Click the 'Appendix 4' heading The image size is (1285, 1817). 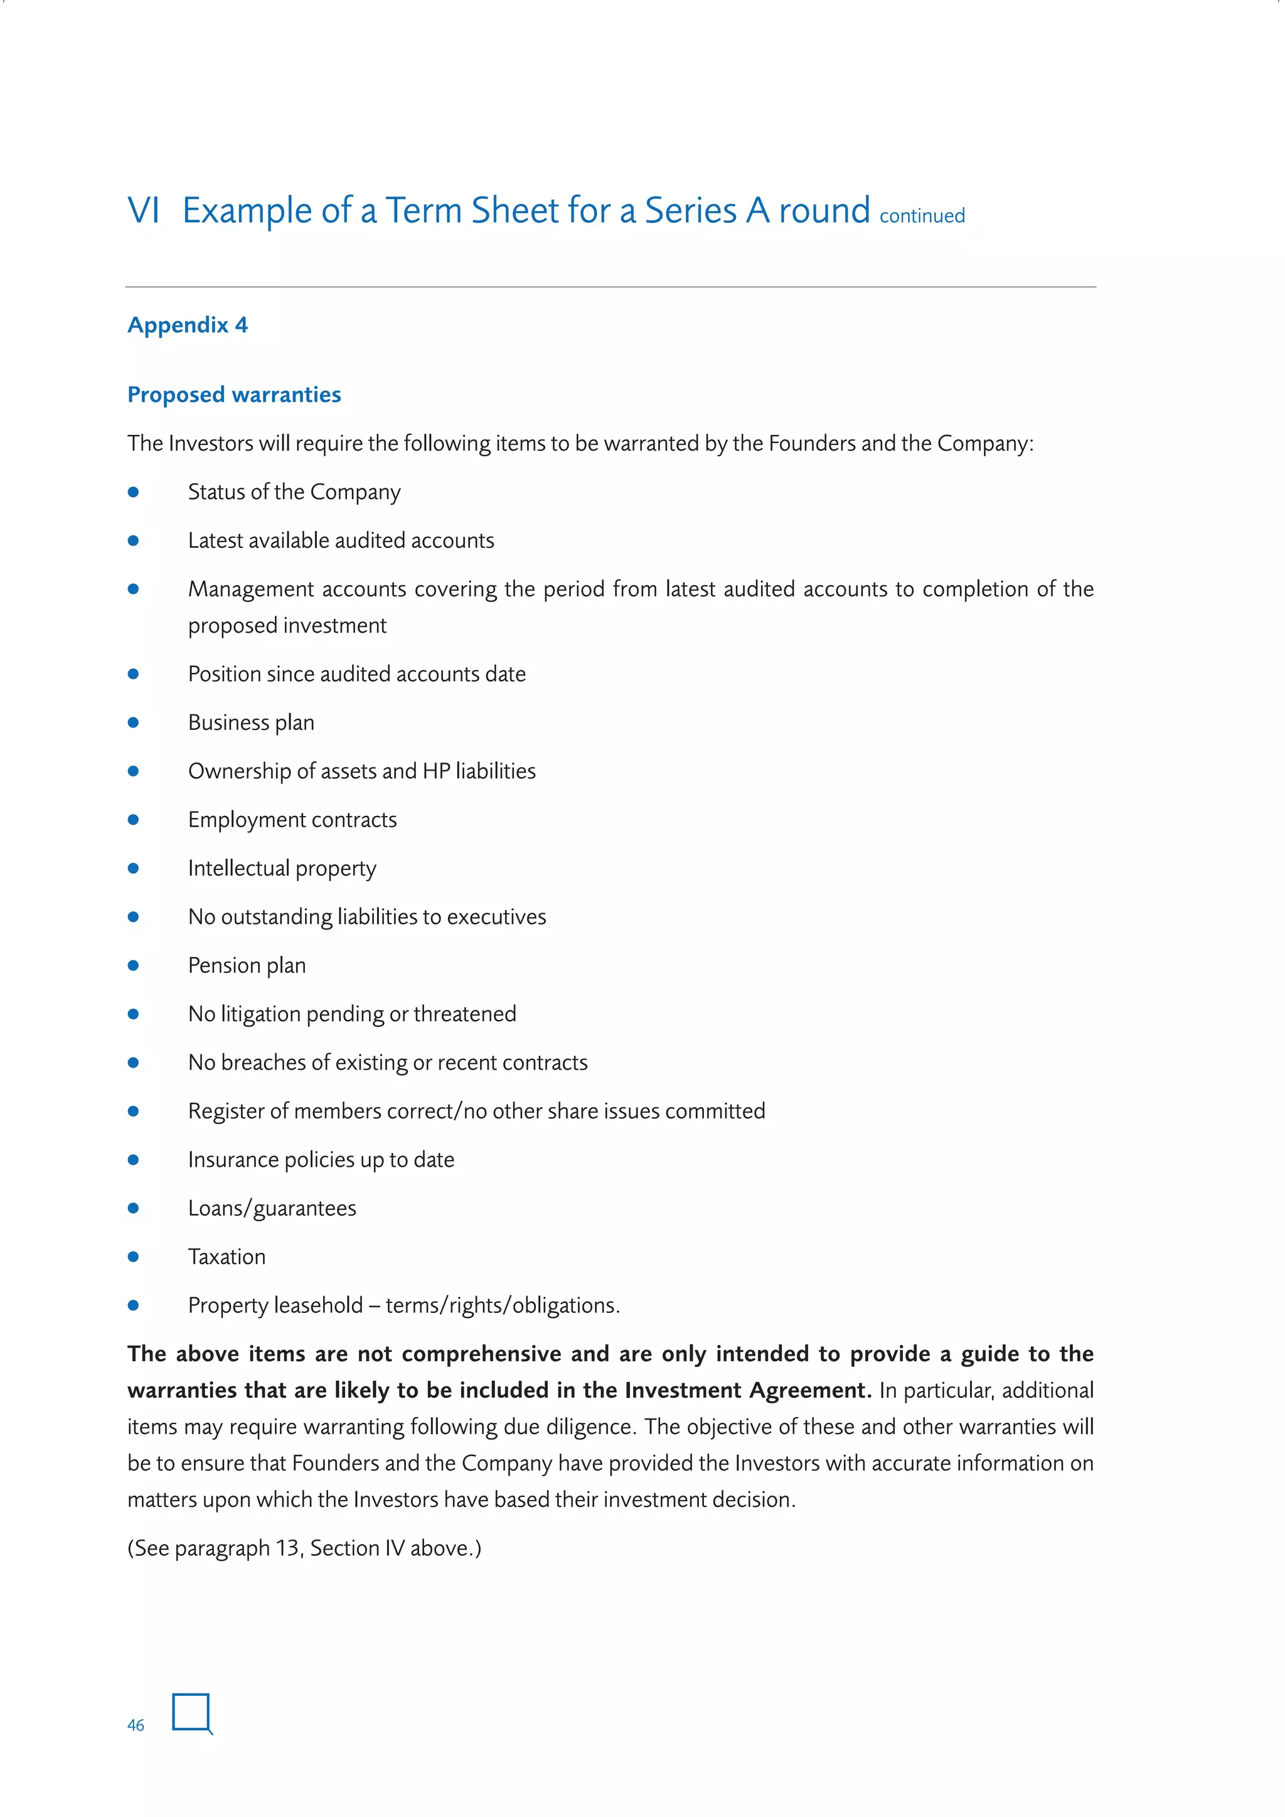coord(188,325)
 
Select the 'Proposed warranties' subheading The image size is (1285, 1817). coord(234,395)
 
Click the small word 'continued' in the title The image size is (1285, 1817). coord(922,216)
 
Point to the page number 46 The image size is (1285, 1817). coord(136,1725)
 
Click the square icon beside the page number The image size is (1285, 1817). coord(191,1713)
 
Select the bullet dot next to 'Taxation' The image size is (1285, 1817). coord(134,1257)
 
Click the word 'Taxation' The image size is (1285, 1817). coord(227,1257)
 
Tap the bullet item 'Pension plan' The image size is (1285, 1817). coord(247,965)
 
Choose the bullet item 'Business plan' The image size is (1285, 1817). coord(251,722)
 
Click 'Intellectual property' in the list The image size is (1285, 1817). coord(282,868)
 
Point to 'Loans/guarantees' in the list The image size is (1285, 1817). coord(272,1208)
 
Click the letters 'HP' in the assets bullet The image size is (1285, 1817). coord(436,771)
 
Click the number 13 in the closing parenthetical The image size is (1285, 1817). coord(287,1548)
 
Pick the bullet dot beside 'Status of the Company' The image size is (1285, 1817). coord(134,492)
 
